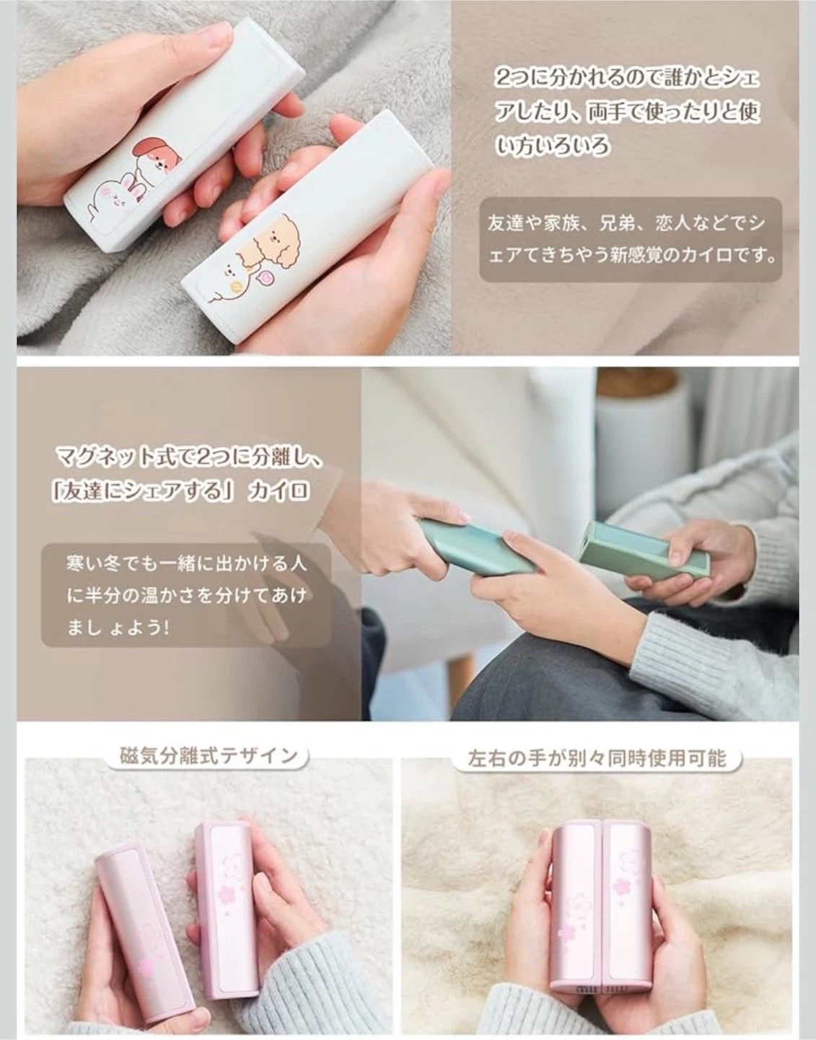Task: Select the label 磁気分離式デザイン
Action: [x=209, y=755]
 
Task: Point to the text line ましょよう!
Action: [x=118, y=627]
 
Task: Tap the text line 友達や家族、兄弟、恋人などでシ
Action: [x=627, y=223]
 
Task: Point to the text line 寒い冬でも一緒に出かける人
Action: [x=186, y=563]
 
